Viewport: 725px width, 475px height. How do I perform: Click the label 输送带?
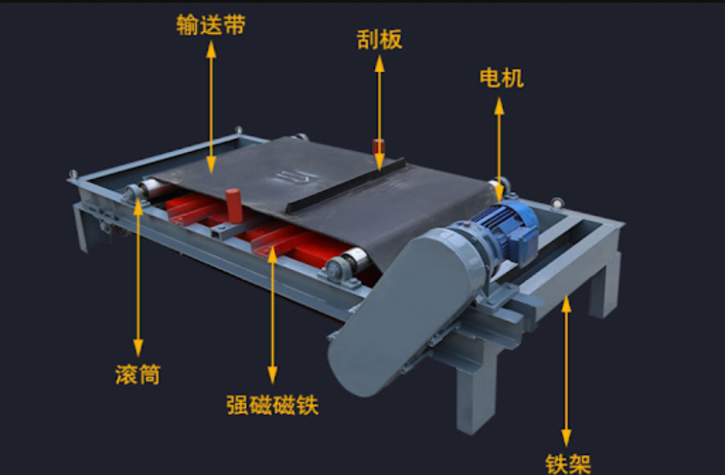(211, 25)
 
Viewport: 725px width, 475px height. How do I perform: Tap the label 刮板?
(379, 40)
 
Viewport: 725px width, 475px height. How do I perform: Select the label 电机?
(501, 78)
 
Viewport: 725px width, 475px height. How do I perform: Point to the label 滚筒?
(138, 374)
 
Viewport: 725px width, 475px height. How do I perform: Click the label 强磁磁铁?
(272, 405)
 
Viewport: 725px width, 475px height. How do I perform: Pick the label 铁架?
(568, 463)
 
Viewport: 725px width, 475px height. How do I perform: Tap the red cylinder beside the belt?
(232, 204)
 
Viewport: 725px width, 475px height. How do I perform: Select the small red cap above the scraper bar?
(378, 147)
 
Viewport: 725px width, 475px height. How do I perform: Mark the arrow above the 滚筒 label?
(138, 275)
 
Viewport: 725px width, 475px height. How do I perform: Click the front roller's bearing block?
(336, 270)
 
